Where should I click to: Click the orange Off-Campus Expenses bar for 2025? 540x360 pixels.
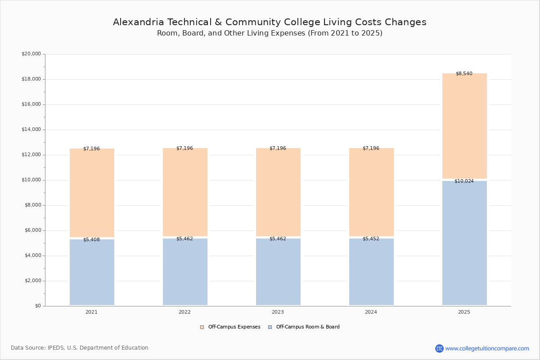point(464,126)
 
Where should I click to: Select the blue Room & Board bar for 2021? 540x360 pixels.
point(92,272)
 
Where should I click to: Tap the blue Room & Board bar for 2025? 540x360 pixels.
point(464,243)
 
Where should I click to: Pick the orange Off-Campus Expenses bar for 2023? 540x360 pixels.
point(278,192)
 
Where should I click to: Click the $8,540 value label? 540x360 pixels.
point(464,73)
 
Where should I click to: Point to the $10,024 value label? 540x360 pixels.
point(464,181)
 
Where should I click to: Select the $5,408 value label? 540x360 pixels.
point(92,240)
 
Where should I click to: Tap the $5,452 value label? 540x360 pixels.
point(371,238)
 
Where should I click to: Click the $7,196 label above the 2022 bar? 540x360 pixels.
point(184,148)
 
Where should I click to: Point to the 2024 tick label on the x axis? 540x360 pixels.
point(371,312)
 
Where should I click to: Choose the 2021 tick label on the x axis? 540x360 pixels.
point(92,312)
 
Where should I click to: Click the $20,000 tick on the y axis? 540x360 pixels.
point(31,54)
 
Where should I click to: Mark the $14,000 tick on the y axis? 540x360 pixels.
point(31,130)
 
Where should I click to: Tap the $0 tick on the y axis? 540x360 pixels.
point(38,306)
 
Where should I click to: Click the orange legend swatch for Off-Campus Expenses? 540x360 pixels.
point(202,327)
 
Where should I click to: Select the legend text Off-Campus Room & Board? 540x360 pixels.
point(308,327)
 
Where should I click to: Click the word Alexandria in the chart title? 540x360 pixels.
point(139,22)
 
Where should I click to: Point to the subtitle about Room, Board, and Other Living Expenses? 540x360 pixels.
point(270,33)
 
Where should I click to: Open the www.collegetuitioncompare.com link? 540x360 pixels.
point(487,348)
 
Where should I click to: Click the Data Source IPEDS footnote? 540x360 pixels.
point(80,348)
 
